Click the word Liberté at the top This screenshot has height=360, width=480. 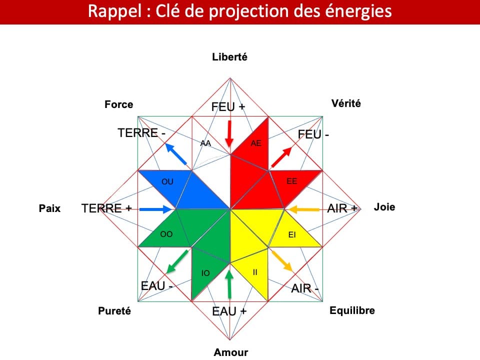(x=229, y=57)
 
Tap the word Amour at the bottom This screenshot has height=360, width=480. (x=230, y=352)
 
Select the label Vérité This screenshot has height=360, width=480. (x=345, y=103)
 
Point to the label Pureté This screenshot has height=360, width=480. (x=114, y=311)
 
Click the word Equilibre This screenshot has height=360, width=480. (x=352, y=310)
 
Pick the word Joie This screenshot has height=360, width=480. (x=384, y=207)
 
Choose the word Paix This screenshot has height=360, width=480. (x=49, y=208)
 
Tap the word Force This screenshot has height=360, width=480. (x=118, y=104)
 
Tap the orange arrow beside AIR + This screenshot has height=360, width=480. (x=304, y=209)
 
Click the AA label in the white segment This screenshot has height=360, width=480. (x=205, y=143)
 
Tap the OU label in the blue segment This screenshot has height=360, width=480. (x=167, y=181)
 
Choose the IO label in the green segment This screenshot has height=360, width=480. (x=205, y=273)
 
